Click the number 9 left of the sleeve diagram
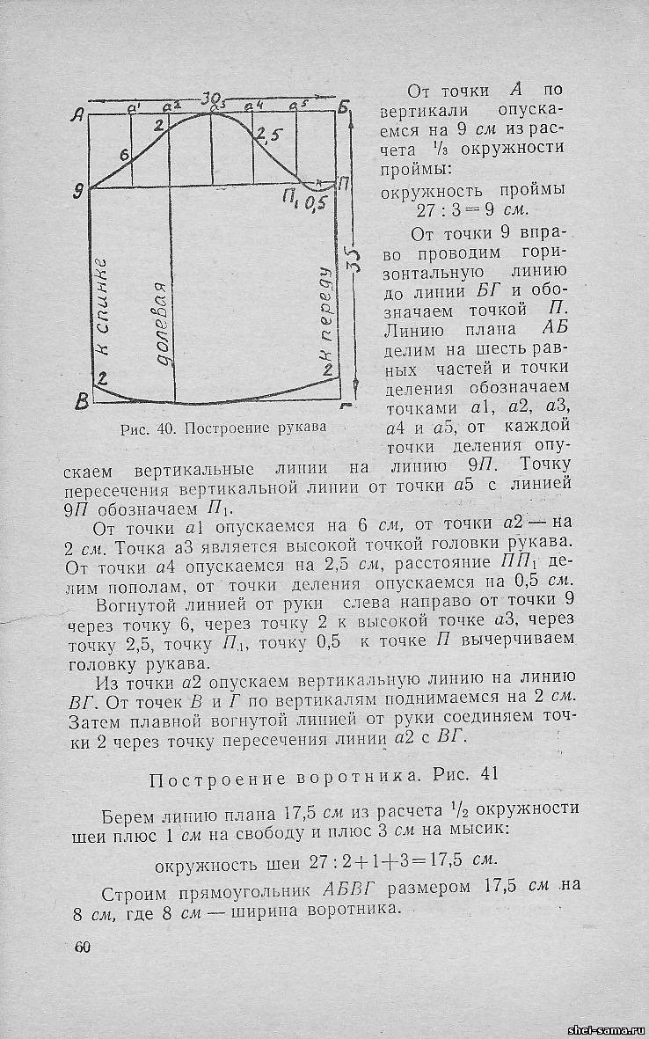coord(79,188)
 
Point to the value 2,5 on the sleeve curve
coord(266,135)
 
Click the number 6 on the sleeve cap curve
coord(123,156)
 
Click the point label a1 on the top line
coord(135,108)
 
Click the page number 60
coord(84,947)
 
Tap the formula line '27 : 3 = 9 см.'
coord(470,211)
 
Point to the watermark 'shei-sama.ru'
coord(607,1028)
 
